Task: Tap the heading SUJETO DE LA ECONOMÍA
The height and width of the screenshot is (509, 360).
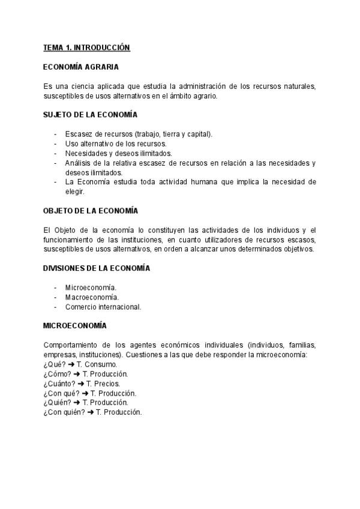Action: pyautogui.click(x=91, y=114)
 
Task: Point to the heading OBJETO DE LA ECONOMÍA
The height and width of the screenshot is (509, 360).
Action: pyautogui.click(x=91, y=211)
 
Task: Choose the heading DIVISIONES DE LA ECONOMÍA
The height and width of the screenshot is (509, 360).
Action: pyautogui.click(x=97, y=268)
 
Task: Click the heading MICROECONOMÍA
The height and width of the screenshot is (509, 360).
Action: pyautogui.click(x=75, y=325)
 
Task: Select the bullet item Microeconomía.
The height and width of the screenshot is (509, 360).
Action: pyautogui.click(x=91, y=288)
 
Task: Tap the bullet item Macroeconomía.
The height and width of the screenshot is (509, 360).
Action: pyautogui.click(x=92, y=297)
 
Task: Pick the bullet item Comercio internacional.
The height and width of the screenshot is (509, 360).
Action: pyautogui.click(x=103, y=307)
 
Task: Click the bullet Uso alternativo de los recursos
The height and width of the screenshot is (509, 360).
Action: pyautogui.click(x=116, y=143)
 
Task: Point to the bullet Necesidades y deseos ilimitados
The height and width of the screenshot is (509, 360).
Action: pyautogui.click(x=118, y=153)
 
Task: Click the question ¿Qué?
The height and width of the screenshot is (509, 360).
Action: pyautogui.click(x=54, y=364)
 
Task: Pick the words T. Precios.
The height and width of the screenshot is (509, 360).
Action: pyautogui.click(x=103, y=384)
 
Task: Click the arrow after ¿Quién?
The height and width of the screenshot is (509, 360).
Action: pyautogui.click(x=77, y=403)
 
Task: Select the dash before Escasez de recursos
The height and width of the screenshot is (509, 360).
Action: pyautogui.click(x=56, y=134)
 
